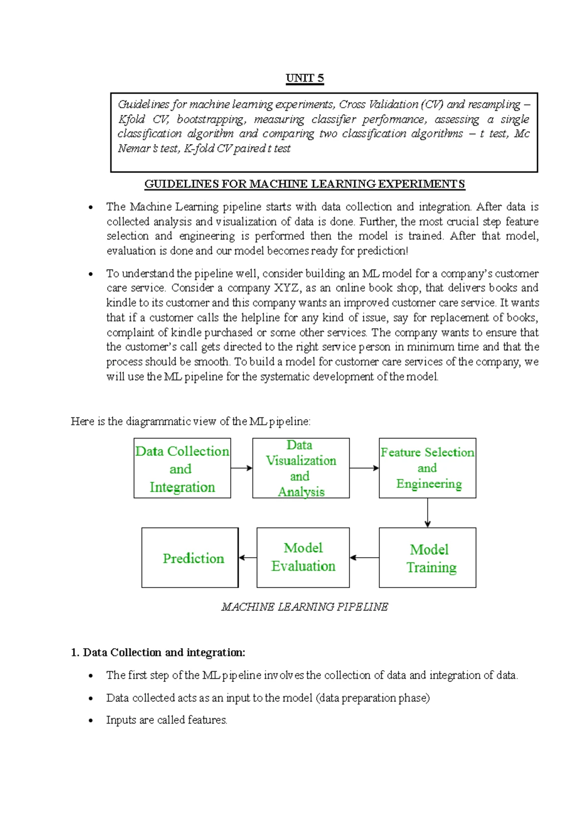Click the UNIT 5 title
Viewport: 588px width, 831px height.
pos(305,78)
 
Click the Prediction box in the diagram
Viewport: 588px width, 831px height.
pos(190,558)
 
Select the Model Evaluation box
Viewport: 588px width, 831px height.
pos(303,558)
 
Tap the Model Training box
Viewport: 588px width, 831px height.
pos(427,558)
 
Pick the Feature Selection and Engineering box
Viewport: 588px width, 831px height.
pos(427,468)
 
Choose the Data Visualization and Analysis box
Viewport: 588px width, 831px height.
pos(301,468)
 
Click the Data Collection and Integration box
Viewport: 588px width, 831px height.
pos(182,468)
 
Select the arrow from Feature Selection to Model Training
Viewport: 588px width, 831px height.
pos(428,513)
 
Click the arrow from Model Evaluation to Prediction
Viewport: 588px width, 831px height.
pos(247,558)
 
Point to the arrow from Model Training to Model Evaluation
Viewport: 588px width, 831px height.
pos(364,558)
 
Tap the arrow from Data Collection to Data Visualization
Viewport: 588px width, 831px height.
pos(242,468)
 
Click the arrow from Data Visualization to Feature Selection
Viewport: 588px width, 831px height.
pos(364,468)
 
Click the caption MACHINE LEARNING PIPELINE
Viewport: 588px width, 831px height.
pos(305,607)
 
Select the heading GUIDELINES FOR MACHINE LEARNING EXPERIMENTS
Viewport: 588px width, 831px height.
pos(305,184)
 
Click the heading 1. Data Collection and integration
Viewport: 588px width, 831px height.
pos(158,653)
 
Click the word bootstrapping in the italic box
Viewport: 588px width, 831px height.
pos(211,120)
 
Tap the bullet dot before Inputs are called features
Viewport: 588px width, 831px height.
pos(91,721)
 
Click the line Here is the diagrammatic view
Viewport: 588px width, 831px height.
pos(191,421)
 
